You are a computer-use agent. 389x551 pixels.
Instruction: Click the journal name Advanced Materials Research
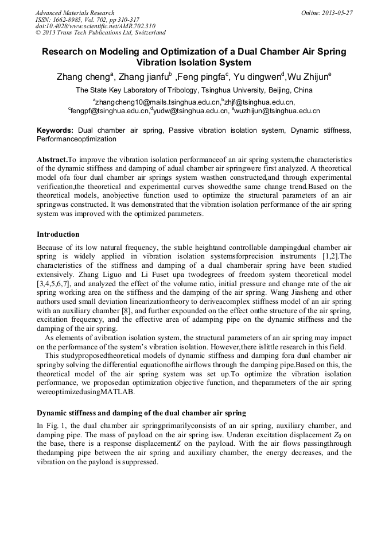[75, 13]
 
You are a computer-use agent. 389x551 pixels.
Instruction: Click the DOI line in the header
[95, 26]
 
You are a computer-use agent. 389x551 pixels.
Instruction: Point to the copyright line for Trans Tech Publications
[100, 33]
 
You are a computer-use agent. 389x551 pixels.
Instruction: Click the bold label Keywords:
[55, 130]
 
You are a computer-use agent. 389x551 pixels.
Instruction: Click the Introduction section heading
[58, 234]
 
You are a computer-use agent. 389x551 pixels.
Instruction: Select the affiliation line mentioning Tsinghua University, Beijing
[194, 90]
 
